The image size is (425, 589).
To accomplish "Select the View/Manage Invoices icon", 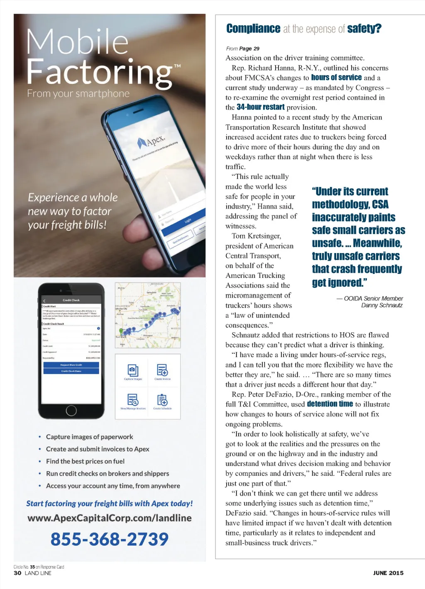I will click(x=133, y=400).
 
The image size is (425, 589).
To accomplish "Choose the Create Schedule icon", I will click(x=162, y=400).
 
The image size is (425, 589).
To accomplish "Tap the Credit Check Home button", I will click(x=71, y=371).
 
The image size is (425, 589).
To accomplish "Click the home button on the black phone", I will click(x=71, y=411).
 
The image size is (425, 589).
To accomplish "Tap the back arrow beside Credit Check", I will click(x=44, y=300).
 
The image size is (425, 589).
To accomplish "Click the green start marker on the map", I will click(x=122, y=331).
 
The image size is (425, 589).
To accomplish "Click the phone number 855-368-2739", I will click(x=110, y=539).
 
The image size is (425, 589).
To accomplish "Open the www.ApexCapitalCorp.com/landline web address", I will click(x=110, y=518).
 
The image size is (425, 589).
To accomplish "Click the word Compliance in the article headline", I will click(x=253, y=29).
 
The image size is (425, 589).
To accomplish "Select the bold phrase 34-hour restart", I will click(x=261, y=107).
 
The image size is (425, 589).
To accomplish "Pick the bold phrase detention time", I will click(x=330, y=404).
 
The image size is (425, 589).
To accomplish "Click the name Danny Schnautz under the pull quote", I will click(x=382, y=305).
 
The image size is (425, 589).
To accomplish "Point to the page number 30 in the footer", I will click(x=17, y=573).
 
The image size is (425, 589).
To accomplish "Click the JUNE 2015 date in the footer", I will click(x=388, y=573).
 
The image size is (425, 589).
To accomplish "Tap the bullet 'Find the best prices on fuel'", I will click(x=85, y=461).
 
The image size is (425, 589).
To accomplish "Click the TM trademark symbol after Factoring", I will click(x=177, y=66).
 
